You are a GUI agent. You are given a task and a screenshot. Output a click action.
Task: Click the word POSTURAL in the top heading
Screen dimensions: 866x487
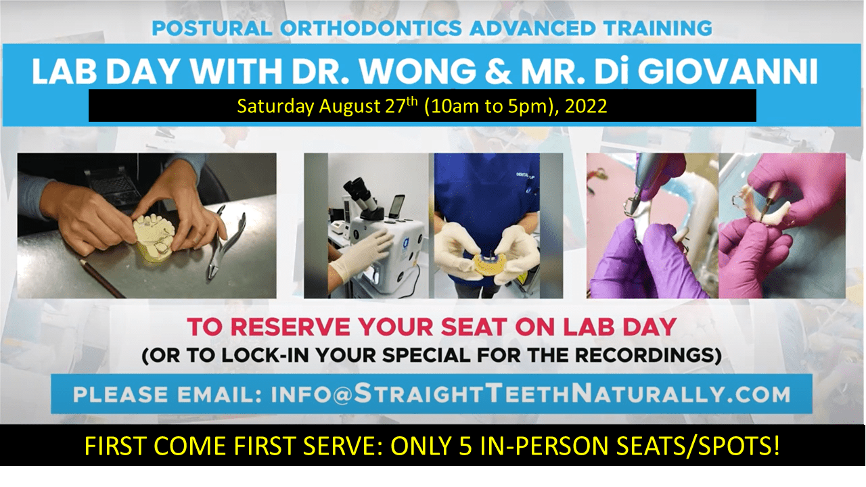(x=212, y=28)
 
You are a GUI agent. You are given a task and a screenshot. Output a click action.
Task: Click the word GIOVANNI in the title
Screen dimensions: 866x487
(x=728, y=71)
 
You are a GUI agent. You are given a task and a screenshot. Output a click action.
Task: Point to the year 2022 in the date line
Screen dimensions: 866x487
(x=586, y=106)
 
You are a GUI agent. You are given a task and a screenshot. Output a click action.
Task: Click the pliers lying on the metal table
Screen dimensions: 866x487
(x=226, y=241)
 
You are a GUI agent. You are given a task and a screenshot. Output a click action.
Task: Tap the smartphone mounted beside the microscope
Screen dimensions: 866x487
(x=398, y=207)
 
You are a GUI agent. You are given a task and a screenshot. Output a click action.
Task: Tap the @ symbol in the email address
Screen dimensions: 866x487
(x=342, y=394)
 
